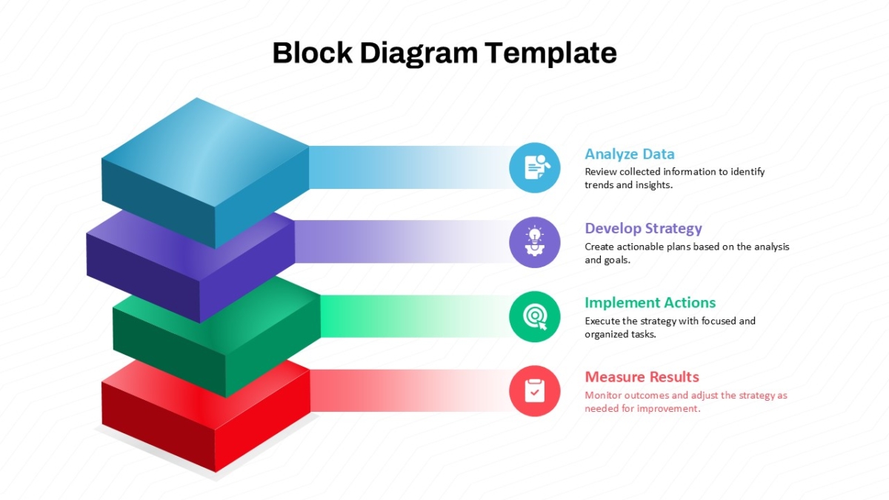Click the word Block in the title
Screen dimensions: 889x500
313,53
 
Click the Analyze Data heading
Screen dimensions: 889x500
630,154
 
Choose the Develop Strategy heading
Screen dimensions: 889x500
643,229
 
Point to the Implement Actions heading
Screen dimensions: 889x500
650,303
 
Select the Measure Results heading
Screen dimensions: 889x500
642,377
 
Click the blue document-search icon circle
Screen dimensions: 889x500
535,168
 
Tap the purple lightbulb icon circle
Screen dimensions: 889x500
535,242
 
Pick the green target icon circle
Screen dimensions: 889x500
535,317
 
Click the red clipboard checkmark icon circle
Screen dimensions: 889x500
535,391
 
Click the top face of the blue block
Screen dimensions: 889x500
205,152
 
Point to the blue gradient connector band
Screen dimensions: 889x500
409,167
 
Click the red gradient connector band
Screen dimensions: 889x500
410,391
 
